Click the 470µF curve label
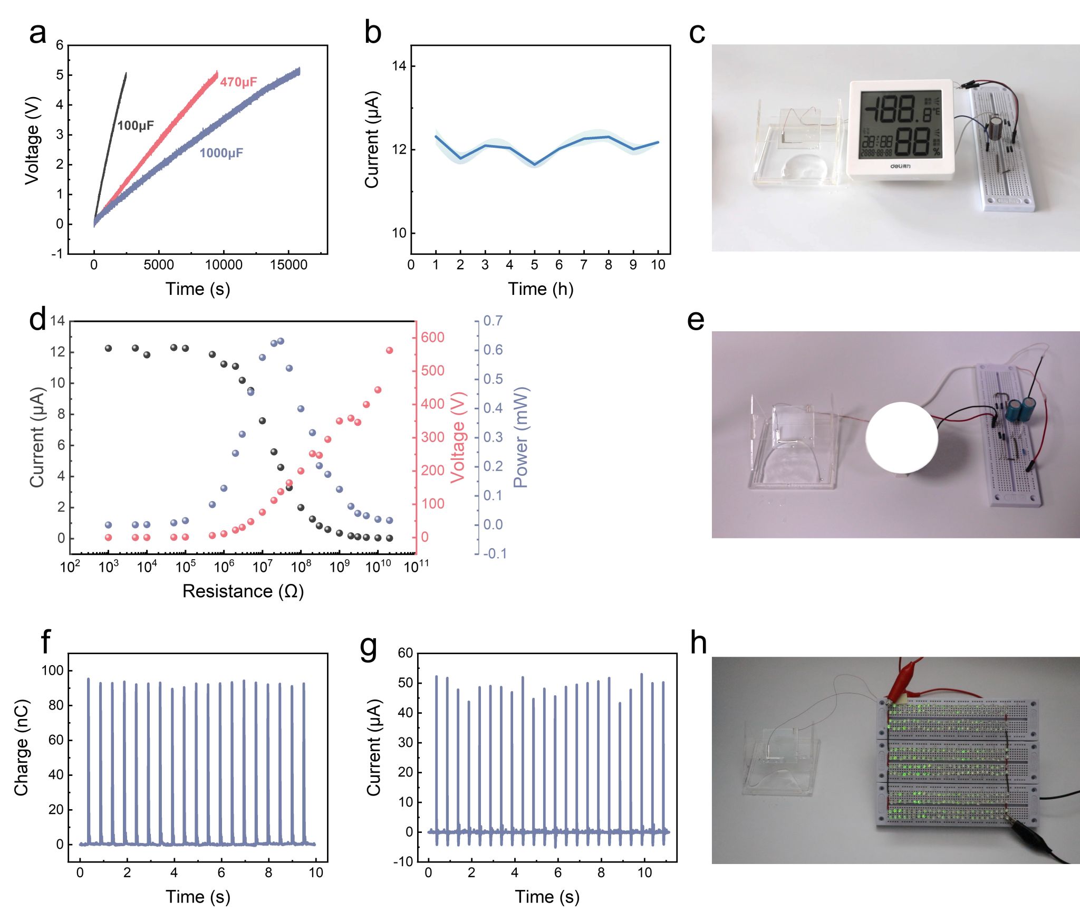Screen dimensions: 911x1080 238,82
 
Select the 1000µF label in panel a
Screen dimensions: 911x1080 221,153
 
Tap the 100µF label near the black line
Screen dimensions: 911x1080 136,126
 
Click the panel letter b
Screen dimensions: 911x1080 372,33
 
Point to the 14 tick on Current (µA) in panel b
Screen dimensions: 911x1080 399,66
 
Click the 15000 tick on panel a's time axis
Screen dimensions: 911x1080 288,265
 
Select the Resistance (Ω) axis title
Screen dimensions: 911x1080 243,591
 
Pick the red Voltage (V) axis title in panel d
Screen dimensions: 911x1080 458,437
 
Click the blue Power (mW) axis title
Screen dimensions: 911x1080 520,437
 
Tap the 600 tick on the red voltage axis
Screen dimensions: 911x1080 432,338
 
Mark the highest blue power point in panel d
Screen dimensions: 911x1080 281,341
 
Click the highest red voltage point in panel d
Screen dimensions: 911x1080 390,350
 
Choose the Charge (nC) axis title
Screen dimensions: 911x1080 21,748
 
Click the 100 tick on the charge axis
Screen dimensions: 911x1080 52,671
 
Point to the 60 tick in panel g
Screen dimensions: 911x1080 405,653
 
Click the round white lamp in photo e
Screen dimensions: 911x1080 902,437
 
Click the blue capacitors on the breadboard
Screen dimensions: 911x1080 1020,410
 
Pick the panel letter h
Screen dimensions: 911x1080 698,643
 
